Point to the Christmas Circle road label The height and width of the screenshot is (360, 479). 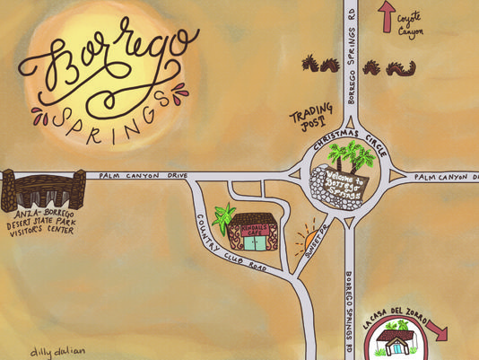[355, 136]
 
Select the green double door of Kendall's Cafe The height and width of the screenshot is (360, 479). [256, 241]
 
